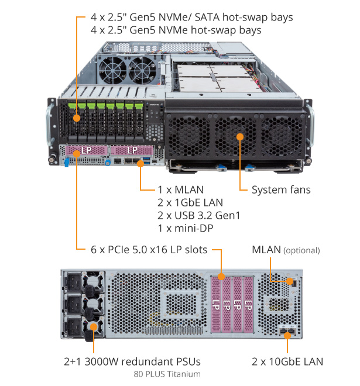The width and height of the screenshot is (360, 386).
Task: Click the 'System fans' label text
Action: click(x=281, y=189)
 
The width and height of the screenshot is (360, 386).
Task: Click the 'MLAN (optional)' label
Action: click(x=286, y=250)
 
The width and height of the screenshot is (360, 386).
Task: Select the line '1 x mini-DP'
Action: click(x=184, y=228)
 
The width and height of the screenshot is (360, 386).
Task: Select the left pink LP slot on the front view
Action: click(x=85, y=151)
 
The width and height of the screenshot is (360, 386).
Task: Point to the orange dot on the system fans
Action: click(x=239, y=136)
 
